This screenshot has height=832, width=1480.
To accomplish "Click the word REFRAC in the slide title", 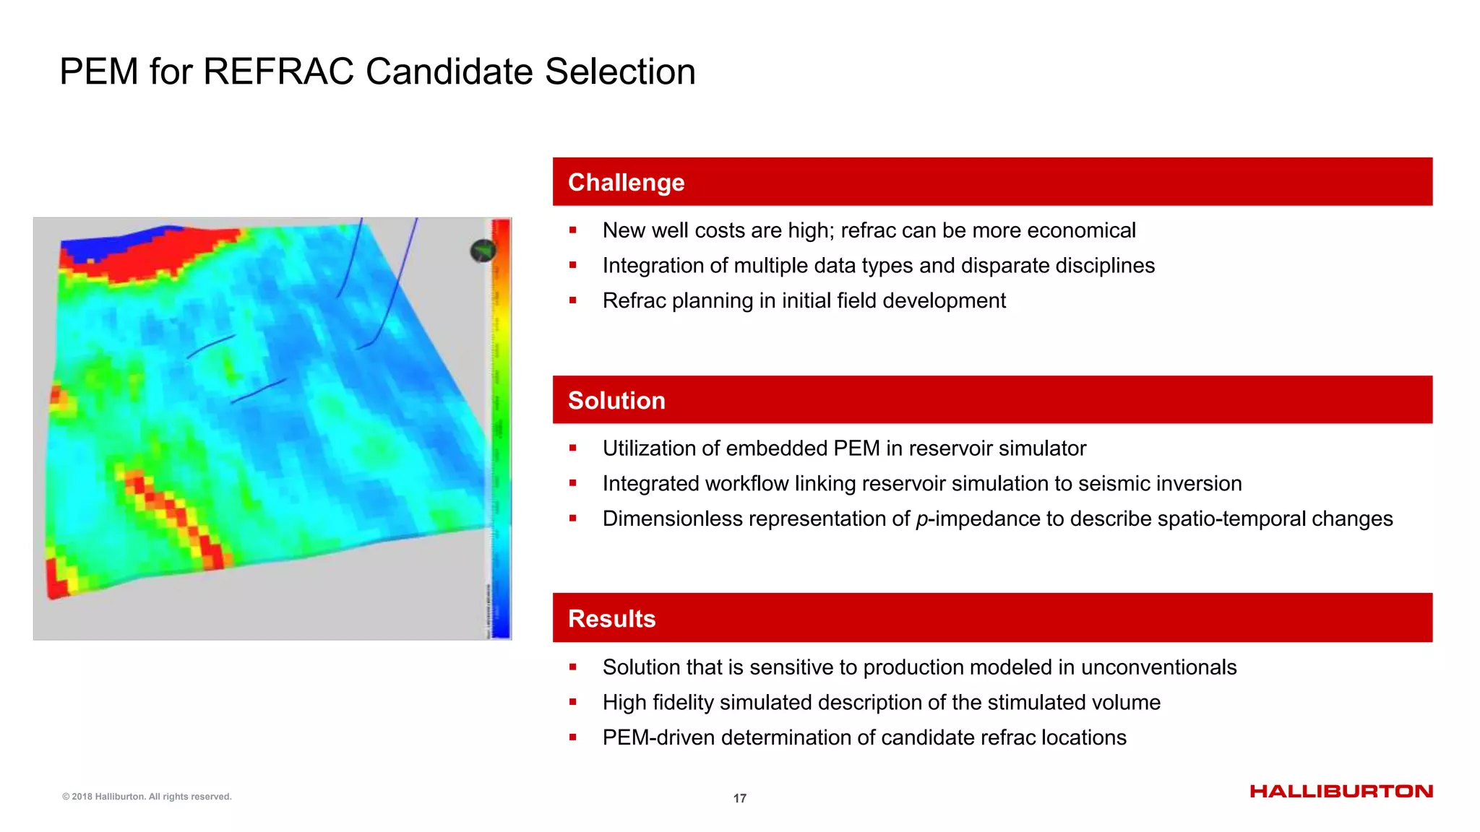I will click(x=278, y=72).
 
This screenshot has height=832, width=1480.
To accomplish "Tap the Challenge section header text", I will click(x=626, y=183).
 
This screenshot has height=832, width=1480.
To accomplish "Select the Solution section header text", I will click(x=616, y=401).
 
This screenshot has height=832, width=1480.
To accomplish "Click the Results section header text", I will click(x=611, y=619).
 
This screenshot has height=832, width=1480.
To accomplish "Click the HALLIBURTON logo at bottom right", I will click(x=1341, y=792).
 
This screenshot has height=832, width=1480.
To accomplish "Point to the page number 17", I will click(x=739, y=798).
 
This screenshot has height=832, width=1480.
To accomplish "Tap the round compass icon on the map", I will click(x=483, y=251).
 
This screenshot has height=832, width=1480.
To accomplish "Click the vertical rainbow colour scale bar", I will click(x=501, y=426).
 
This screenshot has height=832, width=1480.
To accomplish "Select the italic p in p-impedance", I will click(x=921, y=519).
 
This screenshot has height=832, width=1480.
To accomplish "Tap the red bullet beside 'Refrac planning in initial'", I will click(x=572, y=300).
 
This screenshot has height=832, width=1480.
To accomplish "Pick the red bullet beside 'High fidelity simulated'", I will click(x=572, y=702).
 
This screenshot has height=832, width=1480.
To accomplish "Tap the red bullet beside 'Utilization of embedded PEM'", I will click(x=572, y=448).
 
